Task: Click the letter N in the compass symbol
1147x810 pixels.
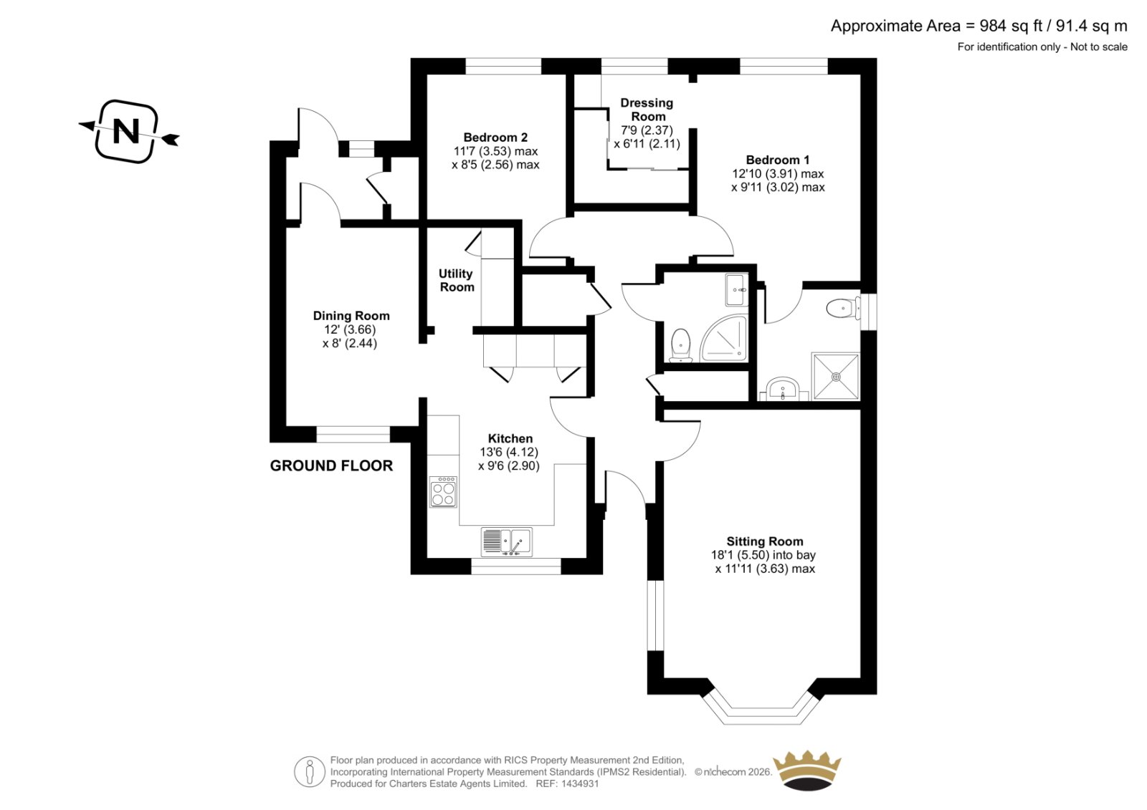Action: pos(126,132)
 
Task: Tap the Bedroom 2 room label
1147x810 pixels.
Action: pos(495,137)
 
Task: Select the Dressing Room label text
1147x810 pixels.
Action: pos(647,110)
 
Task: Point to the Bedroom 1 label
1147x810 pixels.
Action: pos(777,160)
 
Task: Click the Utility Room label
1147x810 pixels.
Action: pos(456,281)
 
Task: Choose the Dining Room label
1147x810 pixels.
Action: pos(351,316)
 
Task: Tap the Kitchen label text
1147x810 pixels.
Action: pos(510,438)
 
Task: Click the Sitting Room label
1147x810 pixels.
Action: pos(764,541)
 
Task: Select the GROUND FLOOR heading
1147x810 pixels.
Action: pos(331,466)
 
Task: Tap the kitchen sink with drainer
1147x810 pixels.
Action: pos(506,542)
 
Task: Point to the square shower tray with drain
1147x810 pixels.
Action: pos(836,377)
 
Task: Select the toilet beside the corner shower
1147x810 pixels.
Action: pos(680,345)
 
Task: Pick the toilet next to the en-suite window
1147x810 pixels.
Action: pos(843,309)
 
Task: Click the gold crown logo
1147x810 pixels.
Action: pos(807,770)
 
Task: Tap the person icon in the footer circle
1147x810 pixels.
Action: pos(309,771)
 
